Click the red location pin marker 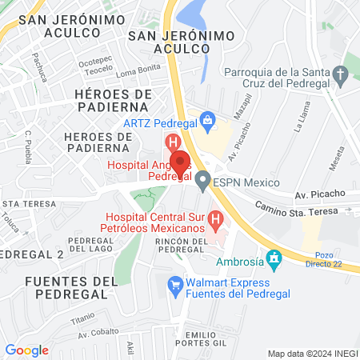[x=180, y=162]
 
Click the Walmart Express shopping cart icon [x=174, y=284]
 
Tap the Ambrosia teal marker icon [x=275, y=259]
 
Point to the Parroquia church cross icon [x=341, y=78]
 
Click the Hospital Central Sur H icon [x=214, y=218]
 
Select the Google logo [x=26, y=350]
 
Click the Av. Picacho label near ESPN [x=319, y=194]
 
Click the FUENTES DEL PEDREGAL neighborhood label [x=71, y=287]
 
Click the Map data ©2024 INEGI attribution [x=312, y=353]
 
